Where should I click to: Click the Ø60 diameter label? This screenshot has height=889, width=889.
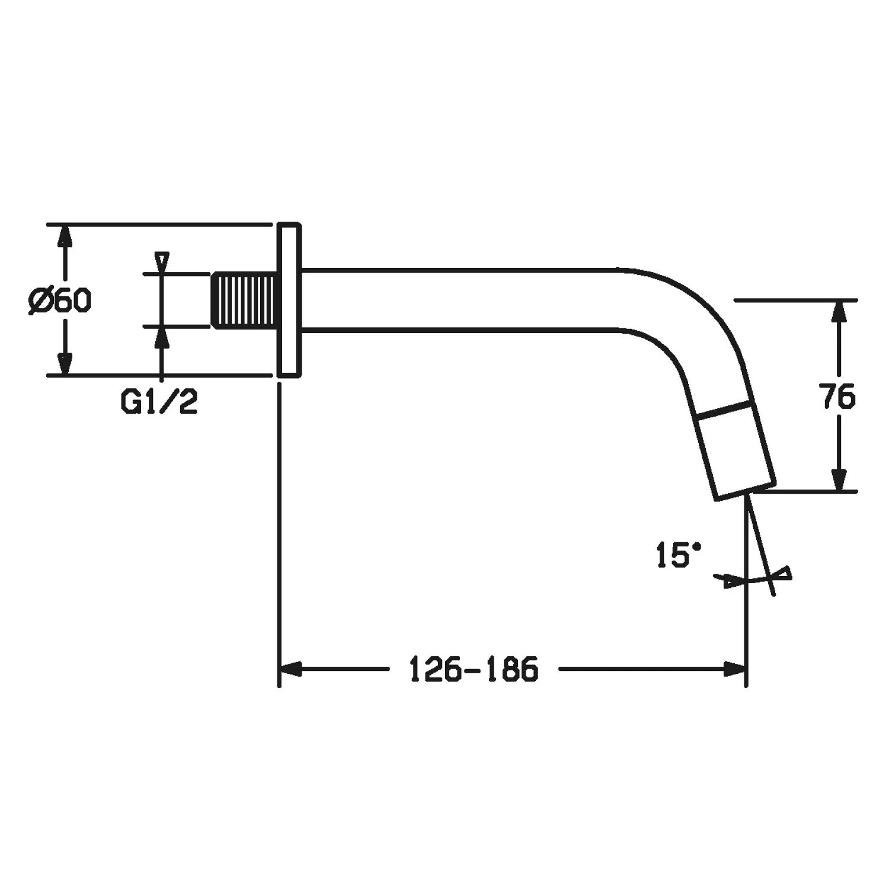[x=60, y=301]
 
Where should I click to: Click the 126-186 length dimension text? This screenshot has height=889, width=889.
[x=474, y=669]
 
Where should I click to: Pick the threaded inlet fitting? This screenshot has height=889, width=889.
[x=245, y=300]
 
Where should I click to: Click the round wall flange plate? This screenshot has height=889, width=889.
[x=289, y=300]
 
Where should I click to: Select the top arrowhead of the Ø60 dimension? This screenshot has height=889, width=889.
[x=66, y=237]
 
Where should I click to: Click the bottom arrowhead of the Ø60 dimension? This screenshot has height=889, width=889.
[x=66, y=363]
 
